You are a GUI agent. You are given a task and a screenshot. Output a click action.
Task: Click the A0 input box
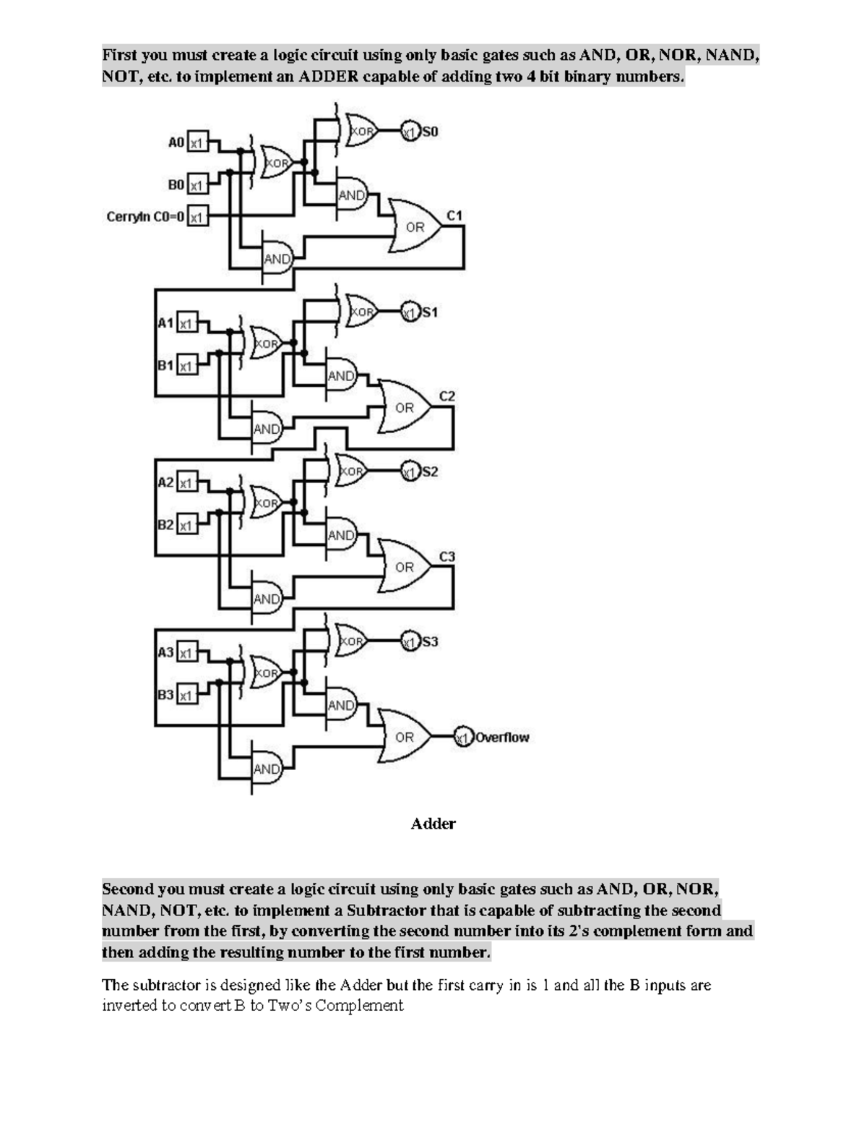pos(197,143)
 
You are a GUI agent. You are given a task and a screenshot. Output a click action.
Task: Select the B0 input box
pos(197,186)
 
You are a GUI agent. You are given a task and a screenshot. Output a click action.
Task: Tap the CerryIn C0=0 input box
pos(197,216)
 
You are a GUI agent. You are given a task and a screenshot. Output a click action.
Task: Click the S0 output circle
pos(410,132)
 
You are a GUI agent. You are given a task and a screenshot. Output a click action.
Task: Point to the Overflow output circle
pos(462,738)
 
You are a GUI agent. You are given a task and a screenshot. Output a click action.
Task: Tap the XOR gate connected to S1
pos(361,312)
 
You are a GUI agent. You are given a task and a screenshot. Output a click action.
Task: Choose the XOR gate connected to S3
pos(351,641)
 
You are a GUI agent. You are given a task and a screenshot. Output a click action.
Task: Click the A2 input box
pos(186,482)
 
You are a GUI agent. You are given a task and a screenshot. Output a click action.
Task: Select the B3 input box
pos(186,696)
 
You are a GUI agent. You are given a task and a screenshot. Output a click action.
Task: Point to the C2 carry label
pos(447,396)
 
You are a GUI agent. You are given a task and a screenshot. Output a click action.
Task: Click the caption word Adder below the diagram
pos(433,824)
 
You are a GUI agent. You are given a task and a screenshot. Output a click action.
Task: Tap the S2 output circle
pos(410,472)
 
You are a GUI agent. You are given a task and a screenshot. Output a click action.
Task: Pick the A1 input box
pos(186,323)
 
